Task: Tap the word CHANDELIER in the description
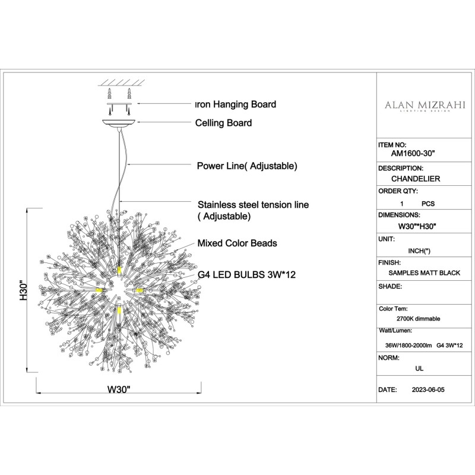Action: point(416,178)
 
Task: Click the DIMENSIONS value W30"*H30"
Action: point(417,226)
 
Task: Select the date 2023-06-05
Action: point(427,391)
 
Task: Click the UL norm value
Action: point(419,368)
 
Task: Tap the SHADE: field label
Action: point(391,286)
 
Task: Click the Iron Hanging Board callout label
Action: point(236,104)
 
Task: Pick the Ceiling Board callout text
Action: point(224,123)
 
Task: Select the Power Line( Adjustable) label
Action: point(247,166)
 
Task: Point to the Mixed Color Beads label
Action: point(237,243)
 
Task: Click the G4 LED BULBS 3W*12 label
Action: point(247,276)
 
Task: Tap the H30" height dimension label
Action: point(23,291)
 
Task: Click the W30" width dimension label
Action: point(119,390)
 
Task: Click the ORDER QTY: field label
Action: point(398,191)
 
